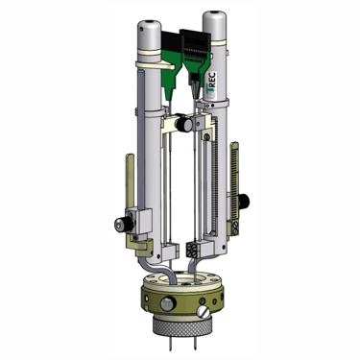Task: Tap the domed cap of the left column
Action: (x=150, y=36)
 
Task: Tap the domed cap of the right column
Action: (x=215, y=26)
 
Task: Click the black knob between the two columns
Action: (x=184, y=124)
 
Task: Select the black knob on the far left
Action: (x=124, y=224)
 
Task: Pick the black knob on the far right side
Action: (x=244, y=201)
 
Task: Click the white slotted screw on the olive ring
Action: (x=203, y=312)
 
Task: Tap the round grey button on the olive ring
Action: (x=168, y=303)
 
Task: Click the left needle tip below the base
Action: (x=169, y=349)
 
